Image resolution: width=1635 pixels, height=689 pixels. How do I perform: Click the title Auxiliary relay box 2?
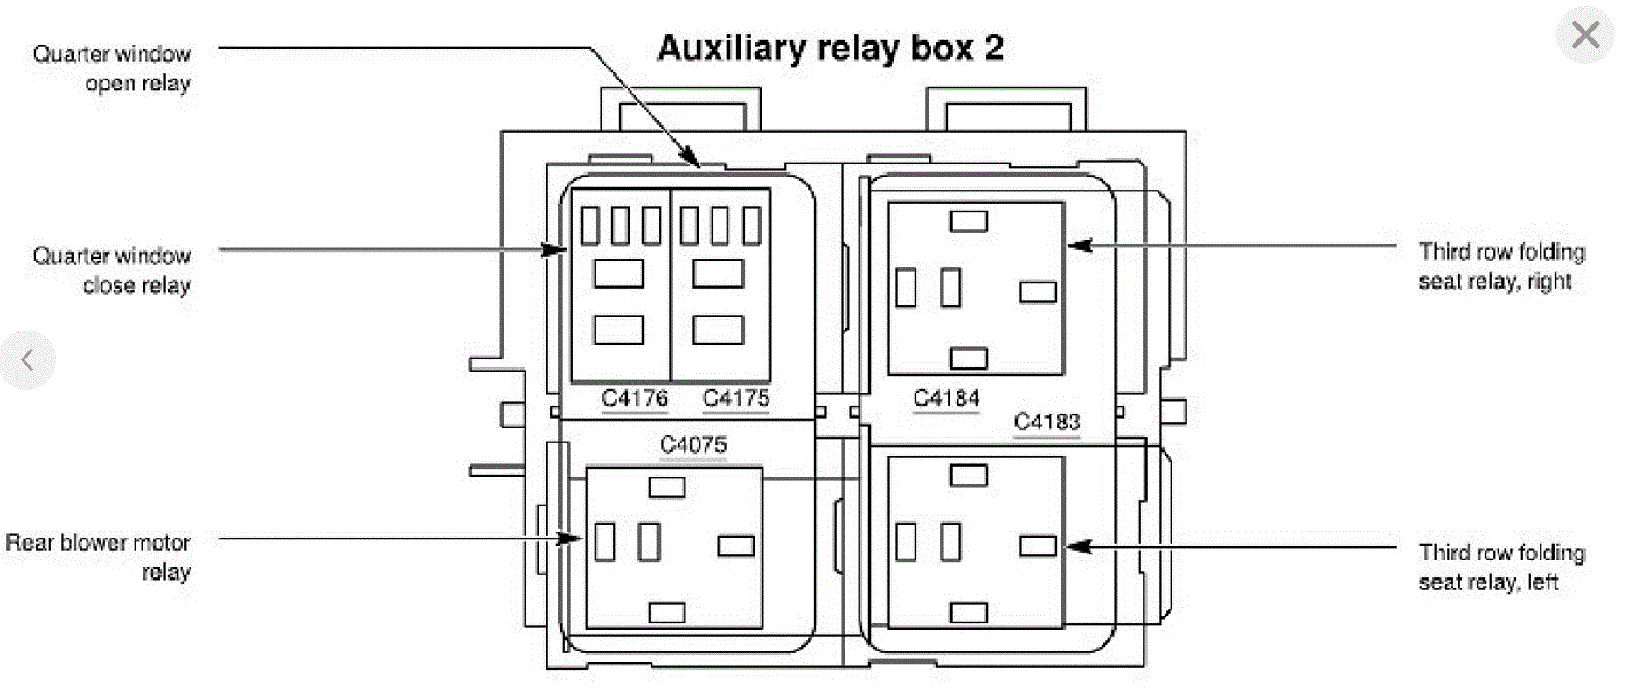[x=830, y=48]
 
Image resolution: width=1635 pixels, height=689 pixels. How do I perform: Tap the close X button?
[x=1584, y=35]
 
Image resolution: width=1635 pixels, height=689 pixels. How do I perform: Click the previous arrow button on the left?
[x=28, y=359]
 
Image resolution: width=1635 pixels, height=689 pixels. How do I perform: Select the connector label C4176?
[x=635, y=398]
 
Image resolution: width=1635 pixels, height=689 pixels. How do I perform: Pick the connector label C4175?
[x=736, y=398]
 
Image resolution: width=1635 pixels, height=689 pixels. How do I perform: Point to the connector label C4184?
[x=946, y=398]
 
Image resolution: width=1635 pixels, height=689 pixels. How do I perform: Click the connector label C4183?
[x=1047, y=421]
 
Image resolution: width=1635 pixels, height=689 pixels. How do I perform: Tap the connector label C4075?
[x=693, y=445]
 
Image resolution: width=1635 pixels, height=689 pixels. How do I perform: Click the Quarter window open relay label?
[x=112, y=68]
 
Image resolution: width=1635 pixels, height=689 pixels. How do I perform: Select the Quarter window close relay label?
[x=112, y=270]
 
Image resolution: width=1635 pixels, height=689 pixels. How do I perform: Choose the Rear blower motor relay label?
[x=99, y=557]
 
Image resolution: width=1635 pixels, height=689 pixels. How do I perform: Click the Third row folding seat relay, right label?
[x=1501, y=266]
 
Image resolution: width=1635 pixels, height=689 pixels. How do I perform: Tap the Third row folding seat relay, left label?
[x=1501, y=567]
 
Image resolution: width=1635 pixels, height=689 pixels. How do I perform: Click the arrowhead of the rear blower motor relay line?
[x=571, y=538]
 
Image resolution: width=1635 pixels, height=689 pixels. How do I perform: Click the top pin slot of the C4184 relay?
[x=968, y=221]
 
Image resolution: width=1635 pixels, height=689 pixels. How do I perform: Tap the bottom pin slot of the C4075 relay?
[x=666, y=613]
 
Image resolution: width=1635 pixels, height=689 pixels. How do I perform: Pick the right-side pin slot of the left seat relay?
[x=1038, y=546]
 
